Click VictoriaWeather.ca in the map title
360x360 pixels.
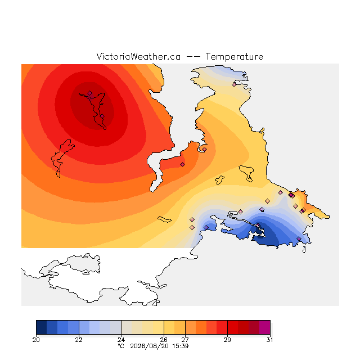click(138, 56)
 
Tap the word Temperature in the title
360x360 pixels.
click(234, 56)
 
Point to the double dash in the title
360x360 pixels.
click(193, 57)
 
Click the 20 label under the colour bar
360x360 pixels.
click(36, 340)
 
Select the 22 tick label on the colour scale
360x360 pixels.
click(79, 340)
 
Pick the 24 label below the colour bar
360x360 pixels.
click(121, 340)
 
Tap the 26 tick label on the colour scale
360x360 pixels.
click(164, 340)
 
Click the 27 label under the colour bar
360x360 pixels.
click(185, 340)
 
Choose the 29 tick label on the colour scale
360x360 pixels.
click(227, 340)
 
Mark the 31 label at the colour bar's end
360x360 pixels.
click(270, 340)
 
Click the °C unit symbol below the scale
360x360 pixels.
click(121, 346)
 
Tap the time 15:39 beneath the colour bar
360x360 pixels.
click(180, 346)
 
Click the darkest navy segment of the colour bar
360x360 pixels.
click(42, 327)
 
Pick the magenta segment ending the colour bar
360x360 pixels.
click(264, 327)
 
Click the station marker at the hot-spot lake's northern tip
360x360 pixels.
click(90, 93)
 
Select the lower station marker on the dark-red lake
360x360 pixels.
click(102, 116)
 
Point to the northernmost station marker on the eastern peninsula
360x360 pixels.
click(234, 84)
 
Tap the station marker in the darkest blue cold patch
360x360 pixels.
click(258, 225)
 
